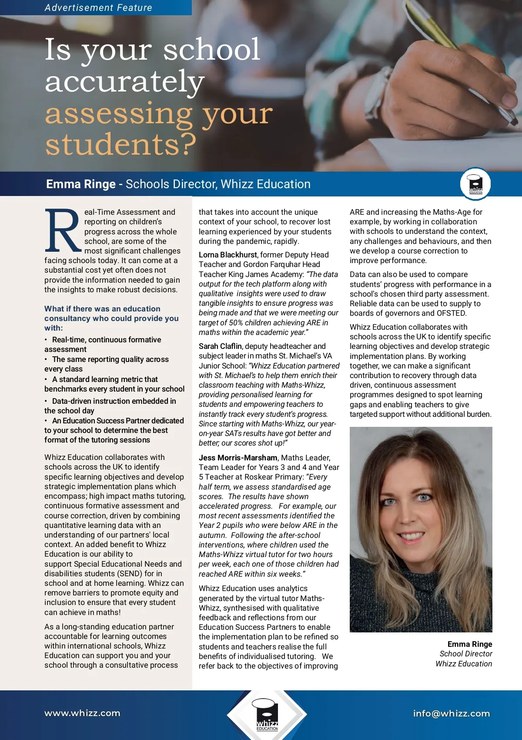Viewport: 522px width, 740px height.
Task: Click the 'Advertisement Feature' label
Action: (98, 7)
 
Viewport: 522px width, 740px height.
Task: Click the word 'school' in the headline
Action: (211, 49)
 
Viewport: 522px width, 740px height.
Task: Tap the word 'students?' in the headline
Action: (121, 144)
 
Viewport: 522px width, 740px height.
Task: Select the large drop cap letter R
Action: (63, 231)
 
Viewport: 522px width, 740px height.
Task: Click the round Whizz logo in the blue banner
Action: (475, 184)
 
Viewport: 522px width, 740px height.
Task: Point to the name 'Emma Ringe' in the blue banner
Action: (81, 184)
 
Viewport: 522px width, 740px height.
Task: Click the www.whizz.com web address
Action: (82, 713)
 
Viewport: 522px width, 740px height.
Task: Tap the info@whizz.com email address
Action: (451, 713)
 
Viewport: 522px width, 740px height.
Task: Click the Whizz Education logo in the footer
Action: (267, 715)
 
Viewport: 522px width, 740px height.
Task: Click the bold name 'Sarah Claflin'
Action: (220, 346)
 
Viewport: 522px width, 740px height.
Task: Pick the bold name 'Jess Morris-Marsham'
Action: (238, 458)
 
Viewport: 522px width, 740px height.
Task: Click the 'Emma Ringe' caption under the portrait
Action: (469, 644)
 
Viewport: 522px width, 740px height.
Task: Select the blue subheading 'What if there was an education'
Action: (102, 309)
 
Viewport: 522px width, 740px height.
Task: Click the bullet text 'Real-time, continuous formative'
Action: (107, 340)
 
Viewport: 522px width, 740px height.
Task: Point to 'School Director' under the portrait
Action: (465, 654)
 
